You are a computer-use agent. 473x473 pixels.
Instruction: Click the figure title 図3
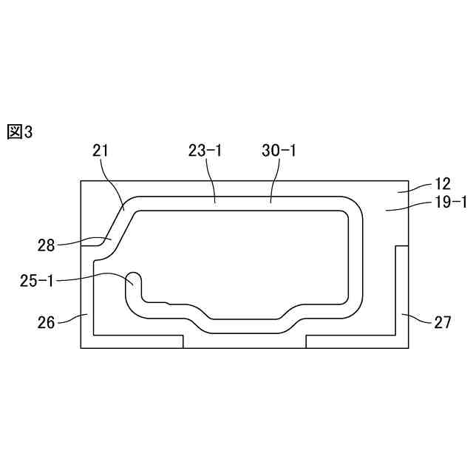[20, 132]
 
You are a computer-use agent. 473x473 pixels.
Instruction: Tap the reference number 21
[101, 151]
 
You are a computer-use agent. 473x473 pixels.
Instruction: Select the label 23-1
[205, 151]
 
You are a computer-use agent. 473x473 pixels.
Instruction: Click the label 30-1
[279, 151]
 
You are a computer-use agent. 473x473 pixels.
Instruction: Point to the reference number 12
[443, 184]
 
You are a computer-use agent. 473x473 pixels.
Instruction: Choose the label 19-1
[450, 202]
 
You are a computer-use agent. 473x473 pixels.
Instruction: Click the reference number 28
[46, 245]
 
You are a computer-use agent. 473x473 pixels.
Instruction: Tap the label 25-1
[36, 281]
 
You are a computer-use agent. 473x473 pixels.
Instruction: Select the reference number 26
[46, 322]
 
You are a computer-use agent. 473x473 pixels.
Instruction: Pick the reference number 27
[443, 322]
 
